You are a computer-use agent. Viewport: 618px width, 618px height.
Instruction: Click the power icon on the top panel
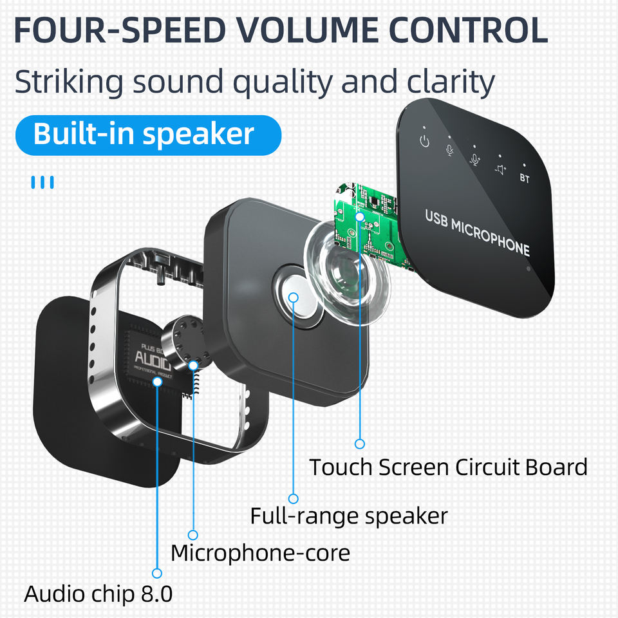pyautogui.click(x=424, y=141)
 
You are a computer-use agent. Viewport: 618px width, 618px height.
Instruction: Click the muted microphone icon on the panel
pyautogui.click(x=450, y=150)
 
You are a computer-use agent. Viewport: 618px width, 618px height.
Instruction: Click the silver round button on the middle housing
pyautogui.click(x=294, y=297)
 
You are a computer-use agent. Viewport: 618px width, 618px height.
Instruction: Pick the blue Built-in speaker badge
pyautogui.click(x=147, y=135)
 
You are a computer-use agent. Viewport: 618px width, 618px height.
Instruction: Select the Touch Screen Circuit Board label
pyautogui.click(x=448, y=467)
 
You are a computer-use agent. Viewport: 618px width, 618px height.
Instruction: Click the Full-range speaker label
pyautogui.click(x=348, y=516)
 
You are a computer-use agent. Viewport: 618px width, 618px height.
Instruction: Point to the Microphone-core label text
pyautogui.click(x=260, y=552)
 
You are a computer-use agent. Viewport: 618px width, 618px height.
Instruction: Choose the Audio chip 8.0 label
pyautogui.click(x=98, y=594)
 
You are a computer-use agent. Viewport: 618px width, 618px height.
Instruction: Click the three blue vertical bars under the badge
pyautogui.click(x=42, y=182)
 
